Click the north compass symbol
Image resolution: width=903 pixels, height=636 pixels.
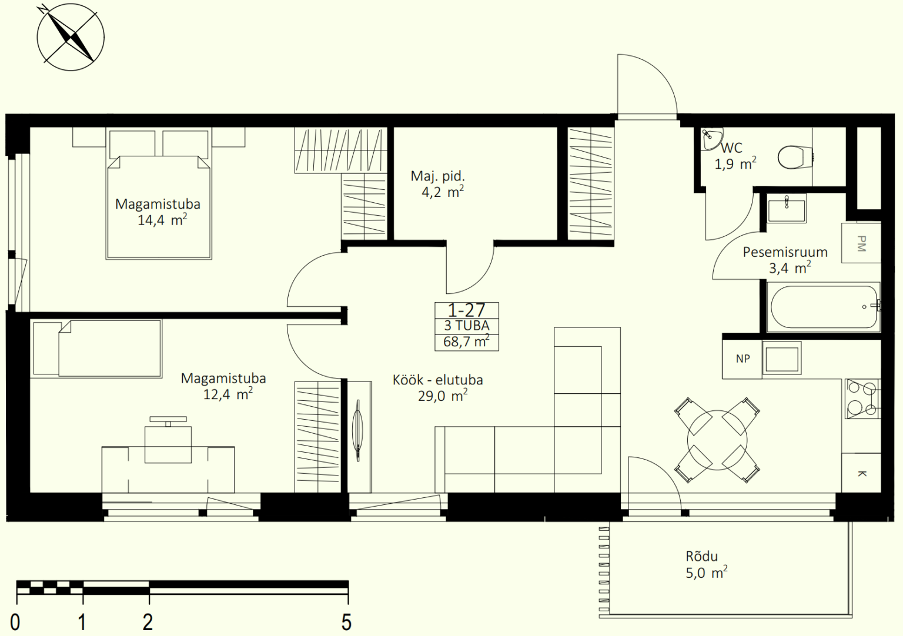[71, 37]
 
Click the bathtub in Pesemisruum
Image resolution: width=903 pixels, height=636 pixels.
[824, 307]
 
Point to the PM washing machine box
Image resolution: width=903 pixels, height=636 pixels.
[861, 243]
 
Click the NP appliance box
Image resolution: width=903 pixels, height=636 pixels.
[742, 359]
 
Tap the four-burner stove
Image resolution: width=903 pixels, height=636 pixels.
[863, 399]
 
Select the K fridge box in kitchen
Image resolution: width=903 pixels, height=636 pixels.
[861, 473]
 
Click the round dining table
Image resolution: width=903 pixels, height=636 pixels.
[717, 440]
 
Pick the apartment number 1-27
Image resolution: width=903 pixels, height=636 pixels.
[466, 310]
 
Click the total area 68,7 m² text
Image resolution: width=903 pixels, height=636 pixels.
[466, 342]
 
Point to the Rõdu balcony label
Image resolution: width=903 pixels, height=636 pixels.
[702, 556]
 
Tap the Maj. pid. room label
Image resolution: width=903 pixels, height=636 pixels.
[438, 176]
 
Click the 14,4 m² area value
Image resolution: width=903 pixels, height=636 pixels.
[162, 220]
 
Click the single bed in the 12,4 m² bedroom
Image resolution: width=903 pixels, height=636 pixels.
[96, 349]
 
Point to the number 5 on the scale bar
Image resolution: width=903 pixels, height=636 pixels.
[347, 622]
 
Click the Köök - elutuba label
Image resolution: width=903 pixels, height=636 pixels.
[438, 380]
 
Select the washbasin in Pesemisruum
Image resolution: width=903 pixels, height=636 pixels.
[787, 208]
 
